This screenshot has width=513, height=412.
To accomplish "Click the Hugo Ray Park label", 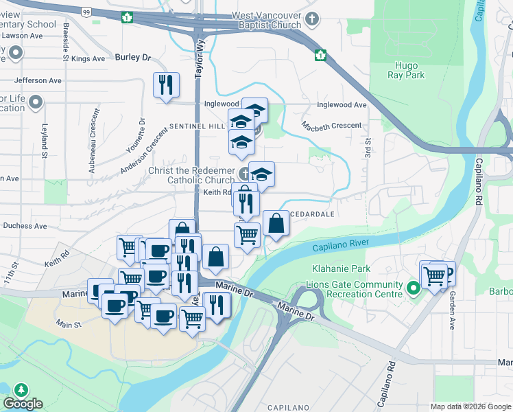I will point(406,70).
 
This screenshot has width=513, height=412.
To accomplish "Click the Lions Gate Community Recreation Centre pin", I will point(413,288).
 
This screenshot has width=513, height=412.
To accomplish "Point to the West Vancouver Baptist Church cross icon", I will point(312,19).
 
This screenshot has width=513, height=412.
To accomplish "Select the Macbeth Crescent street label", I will point(332,126).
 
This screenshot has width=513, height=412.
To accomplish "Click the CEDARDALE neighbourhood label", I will point(315,214).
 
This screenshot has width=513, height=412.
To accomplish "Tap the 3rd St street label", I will point(368,146).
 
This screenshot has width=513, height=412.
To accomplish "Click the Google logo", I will point(23,404).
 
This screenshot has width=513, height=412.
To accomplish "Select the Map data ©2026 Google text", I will point(470,407).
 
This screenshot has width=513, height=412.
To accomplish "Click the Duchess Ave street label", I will point(25,225).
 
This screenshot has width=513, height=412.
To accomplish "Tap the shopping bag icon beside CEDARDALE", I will point(275,223).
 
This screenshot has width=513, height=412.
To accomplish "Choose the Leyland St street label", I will point(44,141).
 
